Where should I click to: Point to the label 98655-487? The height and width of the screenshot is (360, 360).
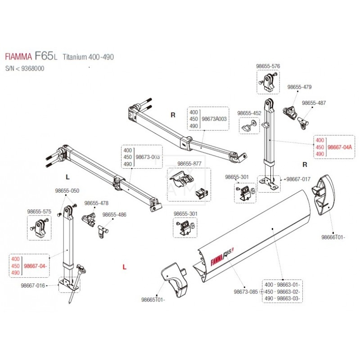pos(314,103)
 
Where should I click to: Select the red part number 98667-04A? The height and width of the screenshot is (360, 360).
pos(340,147)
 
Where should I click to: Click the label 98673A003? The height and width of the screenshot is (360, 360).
pos(214,120)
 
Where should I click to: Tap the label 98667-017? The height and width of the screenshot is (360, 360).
pos(298,179)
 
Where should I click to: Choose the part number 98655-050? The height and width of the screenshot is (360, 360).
pos(67,191)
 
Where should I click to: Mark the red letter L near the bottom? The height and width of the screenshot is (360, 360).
pos(124,267)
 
